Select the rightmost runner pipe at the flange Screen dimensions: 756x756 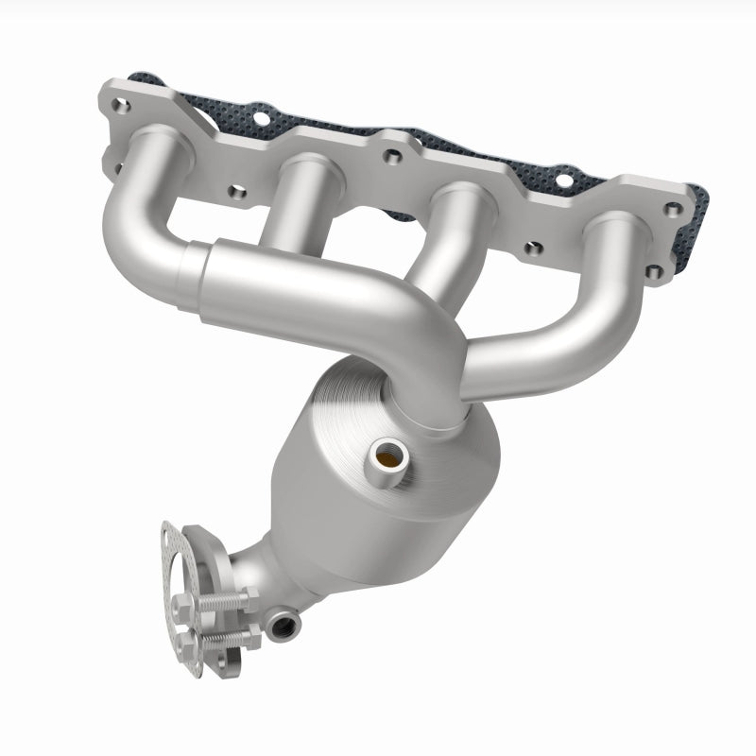[x=605, y=274]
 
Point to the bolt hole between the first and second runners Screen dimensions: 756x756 [x=237, y=192]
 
